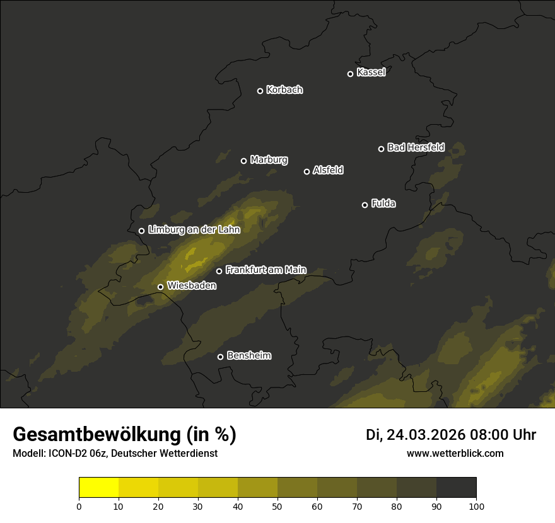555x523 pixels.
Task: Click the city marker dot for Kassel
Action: pyautogui.click(x=350, y=74)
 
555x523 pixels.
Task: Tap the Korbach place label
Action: pyautogui.click(x=284, y=90)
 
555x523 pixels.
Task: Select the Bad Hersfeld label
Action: pyautogui.click(x=416, y=147)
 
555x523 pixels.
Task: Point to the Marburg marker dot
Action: pyautogui.click(x=243, y=161)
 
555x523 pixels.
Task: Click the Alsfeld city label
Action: pyautogui.click(x=328, y=171)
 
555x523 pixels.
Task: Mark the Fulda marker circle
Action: pyautogui.click(x=365, y=205)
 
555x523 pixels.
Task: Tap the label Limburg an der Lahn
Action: pyautogui.click(x=194, y=230)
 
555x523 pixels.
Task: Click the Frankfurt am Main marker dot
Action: pyautogui.click(x=219, y=271)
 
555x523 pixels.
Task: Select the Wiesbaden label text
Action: pyautogui.click(x=192, y=286)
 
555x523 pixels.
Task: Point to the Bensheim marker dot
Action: pyautogui.click(x=220, y=357)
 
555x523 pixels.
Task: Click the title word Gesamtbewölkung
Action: pyautogui.click(x=95, y=435)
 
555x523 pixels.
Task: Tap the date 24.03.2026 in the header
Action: pyautogui.click(x=426, y=435)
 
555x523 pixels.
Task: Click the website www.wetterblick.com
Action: pyautogui.click(x=455, y=453)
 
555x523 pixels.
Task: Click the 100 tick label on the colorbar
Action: pyautogui.click(x=476, y=506)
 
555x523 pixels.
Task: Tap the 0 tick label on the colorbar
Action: pyautogui.click(x=79, y=506)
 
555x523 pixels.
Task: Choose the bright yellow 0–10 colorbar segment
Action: pyautogui.click(x=98, y=488)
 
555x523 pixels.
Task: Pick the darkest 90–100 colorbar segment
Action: pyautogui.click(x=456, y=488)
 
